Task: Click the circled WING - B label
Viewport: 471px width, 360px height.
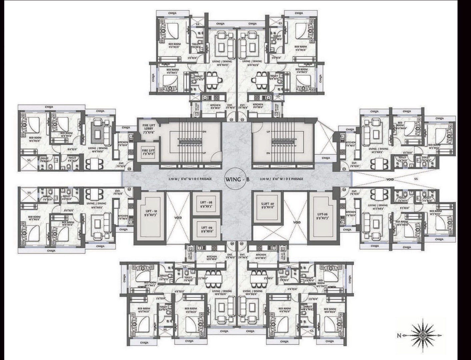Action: click(237, 179)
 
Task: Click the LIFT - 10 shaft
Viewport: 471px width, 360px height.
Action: click(149, 212)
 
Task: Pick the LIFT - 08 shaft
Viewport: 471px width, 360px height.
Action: click(206, 204)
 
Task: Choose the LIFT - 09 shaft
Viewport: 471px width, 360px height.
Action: click(206, 229)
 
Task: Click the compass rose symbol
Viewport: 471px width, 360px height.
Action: click(423, 334)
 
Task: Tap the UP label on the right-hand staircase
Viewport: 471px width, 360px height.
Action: click(268, 132)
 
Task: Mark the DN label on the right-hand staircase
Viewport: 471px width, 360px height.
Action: click(268, 153)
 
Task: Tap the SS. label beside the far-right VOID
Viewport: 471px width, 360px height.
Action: click(416, 179)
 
